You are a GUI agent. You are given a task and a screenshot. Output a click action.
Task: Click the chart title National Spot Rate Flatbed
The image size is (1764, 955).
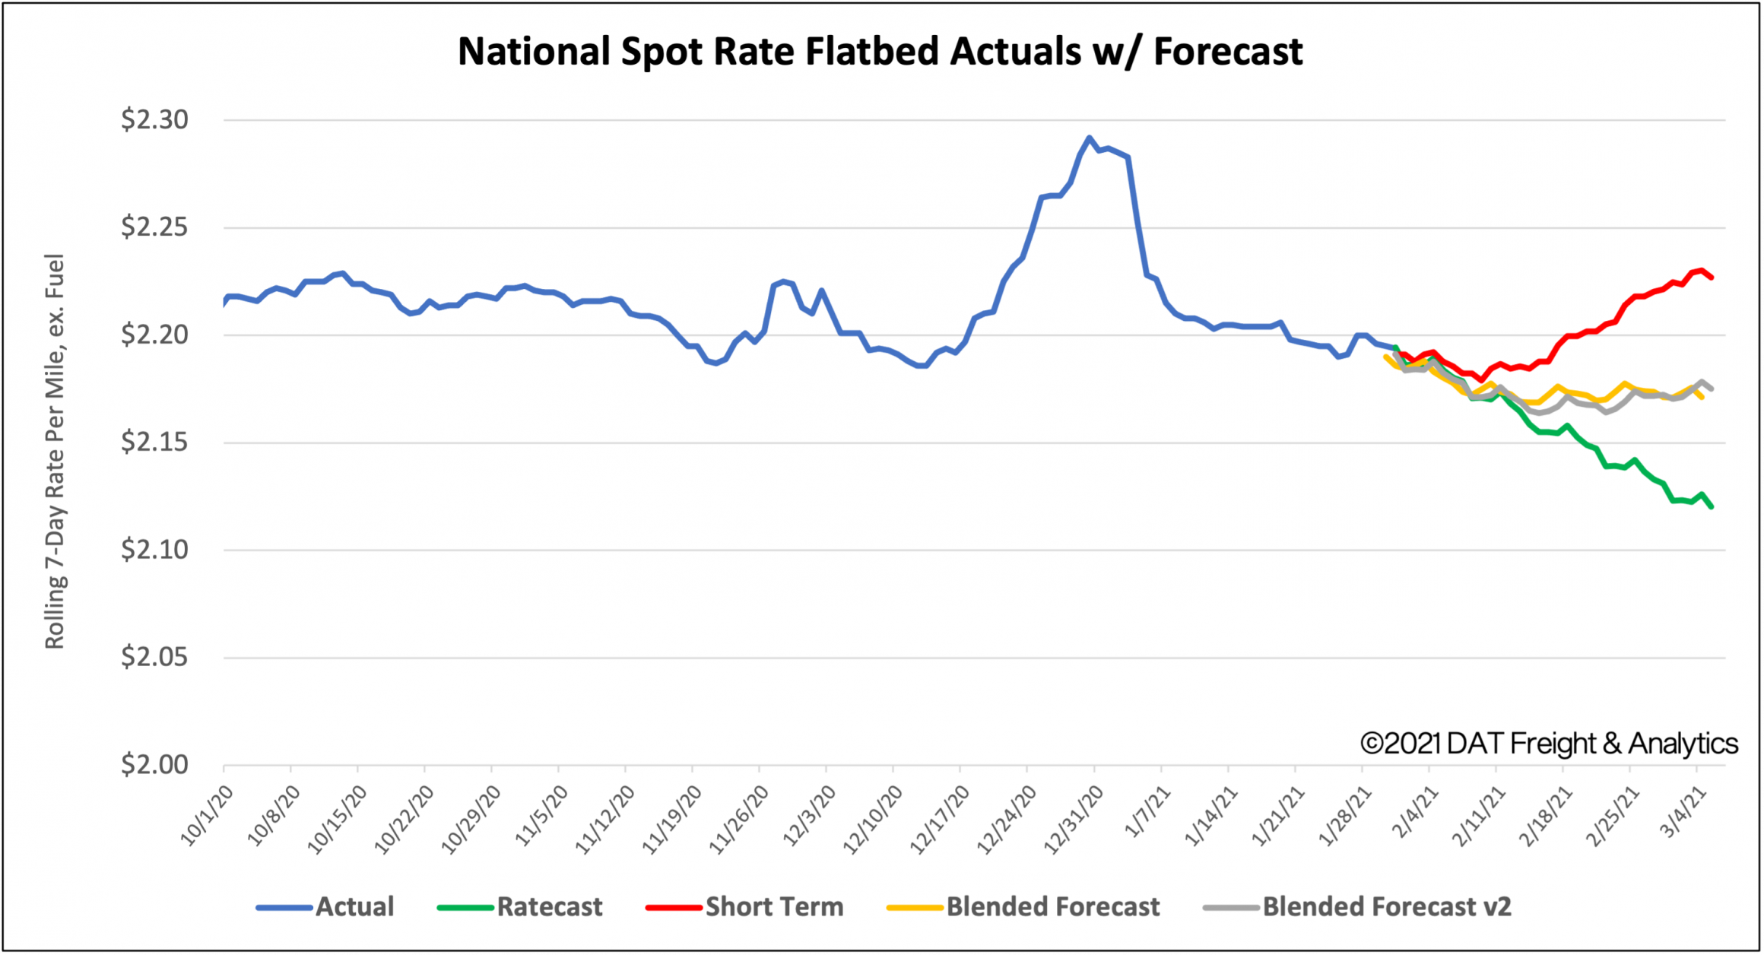[880, 52]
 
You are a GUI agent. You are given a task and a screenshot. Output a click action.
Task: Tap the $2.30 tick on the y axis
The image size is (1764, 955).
[154, 119]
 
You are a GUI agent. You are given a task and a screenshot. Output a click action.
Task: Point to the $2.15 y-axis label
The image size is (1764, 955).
[154, 442]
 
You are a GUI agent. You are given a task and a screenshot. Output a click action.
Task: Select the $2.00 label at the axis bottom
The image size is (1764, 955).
[154, 764]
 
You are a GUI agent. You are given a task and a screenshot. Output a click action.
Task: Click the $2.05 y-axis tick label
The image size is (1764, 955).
[154, 657]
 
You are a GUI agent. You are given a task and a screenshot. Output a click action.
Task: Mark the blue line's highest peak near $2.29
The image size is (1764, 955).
[1089, 138]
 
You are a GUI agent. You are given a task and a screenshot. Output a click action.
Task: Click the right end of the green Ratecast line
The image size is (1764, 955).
[1711, 506]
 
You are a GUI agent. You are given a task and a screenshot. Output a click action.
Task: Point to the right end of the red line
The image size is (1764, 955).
[1711, 278]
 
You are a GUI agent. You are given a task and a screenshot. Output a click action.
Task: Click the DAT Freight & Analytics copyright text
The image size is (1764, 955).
[1549, 743]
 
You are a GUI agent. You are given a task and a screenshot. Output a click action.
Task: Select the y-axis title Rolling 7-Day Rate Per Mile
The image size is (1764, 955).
[55, 451]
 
